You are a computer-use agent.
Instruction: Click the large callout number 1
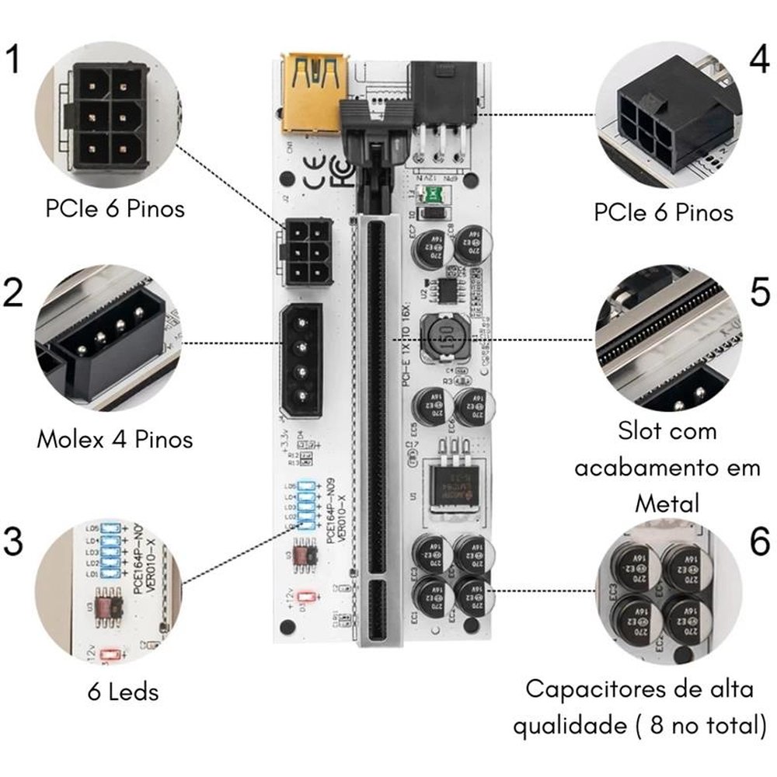click(13, 60)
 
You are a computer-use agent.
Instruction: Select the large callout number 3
click(15, 542)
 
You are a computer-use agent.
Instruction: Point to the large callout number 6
click(759, 542)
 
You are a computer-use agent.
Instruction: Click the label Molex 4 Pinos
click(114, 440)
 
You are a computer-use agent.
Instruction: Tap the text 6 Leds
click(124, 691)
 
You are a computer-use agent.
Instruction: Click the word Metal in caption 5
click(667, 503)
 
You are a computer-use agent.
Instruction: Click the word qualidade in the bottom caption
click(568, 726)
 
